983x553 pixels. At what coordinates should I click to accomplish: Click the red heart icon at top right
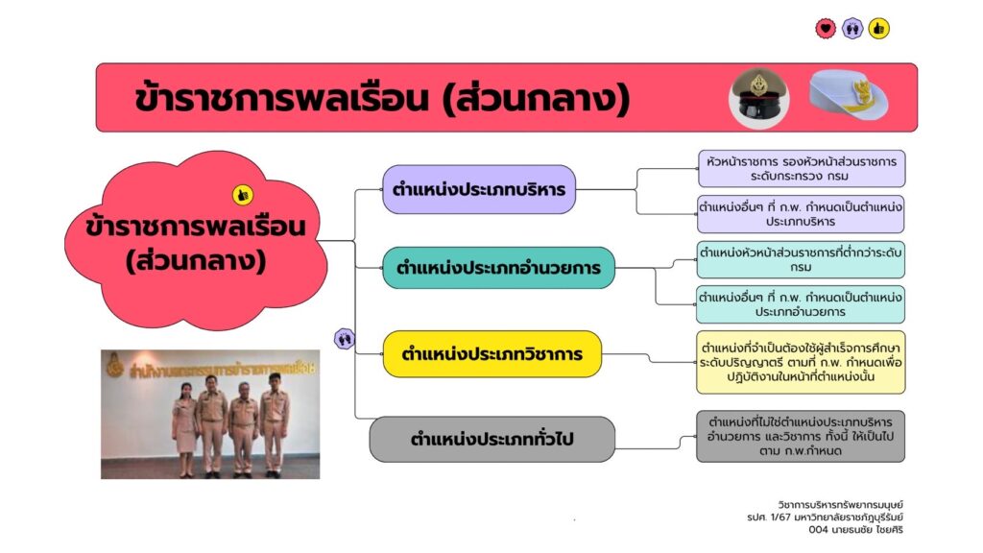(x=826, y=28)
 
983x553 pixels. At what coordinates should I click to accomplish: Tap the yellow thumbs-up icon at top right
(x=879, y=28)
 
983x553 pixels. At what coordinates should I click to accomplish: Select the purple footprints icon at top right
(x=852, y=28)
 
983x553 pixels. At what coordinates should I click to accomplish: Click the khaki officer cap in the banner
(x=758, y=98)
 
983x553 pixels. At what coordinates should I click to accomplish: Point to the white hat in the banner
(x=849, y=95)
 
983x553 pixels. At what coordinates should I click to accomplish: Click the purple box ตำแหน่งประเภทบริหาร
(x=479, y=189)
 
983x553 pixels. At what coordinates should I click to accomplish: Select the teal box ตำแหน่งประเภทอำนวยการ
(x=498, y=268)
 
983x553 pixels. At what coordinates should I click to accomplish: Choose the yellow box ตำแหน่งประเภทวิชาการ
(x=492, y=354)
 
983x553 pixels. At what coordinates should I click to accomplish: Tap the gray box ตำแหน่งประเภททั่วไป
(x=492, y=439)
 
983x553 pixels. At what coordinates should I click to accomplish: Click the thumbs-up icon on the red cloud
(x=243, y=195)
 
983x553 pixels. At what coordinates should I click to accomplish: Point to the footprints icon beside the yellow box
(x=345, y=339)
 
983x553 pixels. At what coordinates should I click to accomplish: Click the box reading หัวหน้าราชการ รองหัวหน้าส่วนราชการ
(x=802, y=169)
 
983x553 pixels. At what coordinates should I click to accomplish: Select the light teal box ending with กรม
(x=801, y=259)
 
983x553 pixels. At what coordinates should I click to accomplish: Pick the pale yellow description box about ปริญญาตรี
(x=801, y=362)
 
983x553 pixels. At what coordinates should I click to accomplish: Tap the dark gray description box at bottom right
(x=801, y=437)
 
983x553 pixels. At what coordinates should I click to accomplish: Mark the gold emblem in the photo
(x=114, y=366)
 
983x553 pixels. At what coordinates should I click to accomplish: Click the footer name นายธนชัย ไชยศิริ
(x=855, y=530)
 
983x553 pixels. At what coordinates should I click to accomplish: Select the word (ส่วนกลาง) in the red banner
(x=536, y=100)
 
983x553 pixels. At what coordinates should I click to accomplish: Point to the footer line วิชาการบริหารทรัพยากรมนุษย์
(x=841, y=505)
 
